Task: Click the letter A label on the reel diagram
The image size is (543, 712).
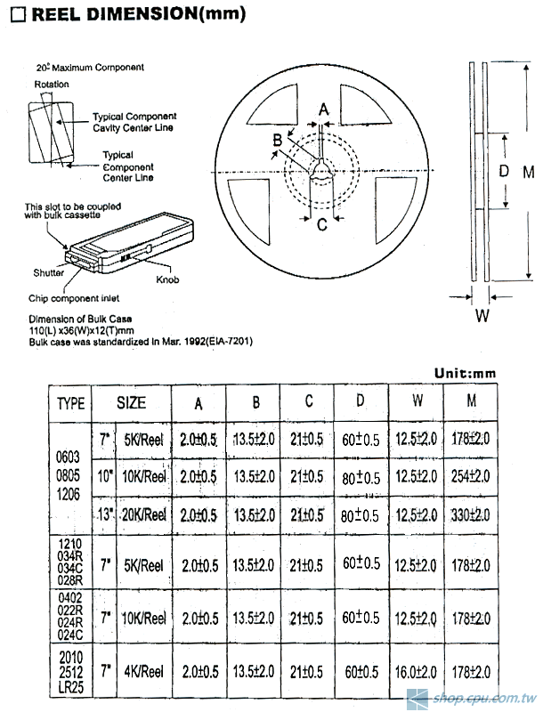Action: [x=324, y=109]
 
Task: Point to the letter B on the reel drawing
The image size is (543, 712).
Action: [x=278, y=140]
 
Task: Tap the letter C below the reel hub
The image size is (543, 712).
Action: [x=322, y=223]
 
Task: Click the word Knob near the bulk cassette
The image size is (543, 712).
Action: [x=167, y=279]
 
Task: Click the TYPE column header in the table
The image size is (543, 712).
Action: [x=71, y=403]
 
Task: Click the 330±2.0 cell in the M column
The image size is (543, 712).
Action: [x=472, y=514]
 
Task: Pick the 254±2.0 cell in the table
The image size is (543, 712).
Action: [x=472, y=476]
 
